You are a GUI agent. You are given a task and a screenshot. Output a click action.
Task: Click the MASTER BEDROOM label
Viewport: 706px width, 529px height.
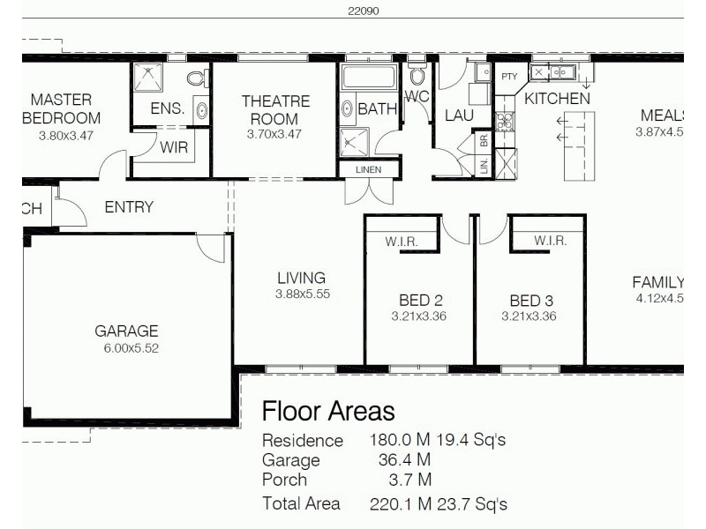tap(61, 108)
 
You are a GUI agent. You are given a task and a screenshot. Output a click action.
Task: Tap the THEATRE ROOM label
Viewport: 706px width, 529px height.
tap(275, 110)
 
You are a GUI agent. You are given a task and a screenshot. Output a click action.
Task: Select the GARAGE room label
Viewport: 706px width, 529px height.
tap(126, 332)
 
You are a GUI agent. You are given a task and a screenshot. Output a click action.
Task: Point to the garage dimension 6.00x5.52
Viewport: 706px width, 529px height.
tap(131, 348)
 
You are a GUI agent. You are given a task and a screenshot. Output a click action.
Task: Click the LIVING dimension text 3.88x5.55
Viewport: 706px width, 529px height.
tap(302, 294)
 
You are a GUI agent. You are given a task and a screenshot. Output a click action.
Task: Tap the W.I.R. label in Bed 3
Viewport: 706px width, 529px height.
tap(550, 241)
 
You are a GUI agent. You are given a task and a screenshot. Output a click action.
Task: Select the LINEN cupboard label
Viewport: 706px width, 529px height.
tap(369, 169)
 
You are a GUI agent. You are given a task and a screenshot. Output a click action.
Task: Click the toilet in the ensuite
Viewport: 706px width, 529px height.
tap(195, 79)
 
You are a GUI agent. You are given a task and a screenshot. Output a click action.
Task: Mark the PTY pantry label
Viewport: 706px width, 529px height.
tap(509, 77)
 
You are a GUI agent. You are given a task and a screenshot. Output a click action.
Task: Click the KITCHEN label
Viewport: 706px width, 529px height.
tap(557, 99)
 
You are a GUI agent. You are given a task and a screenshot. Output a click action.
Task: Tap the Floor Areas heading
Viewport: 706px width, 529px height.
tap(328, 411)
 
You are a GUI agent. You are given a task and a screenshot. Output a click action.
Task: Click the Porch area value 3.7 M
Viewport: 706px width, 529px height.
tap(410, 480)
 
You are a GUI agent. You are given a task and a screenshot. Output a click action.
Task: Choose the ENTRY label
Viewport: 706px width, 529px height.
tap(129, 207)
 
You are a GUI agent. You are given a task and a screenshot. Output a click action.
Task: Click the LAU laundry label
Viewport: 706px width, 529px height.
tap(459, 115)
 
